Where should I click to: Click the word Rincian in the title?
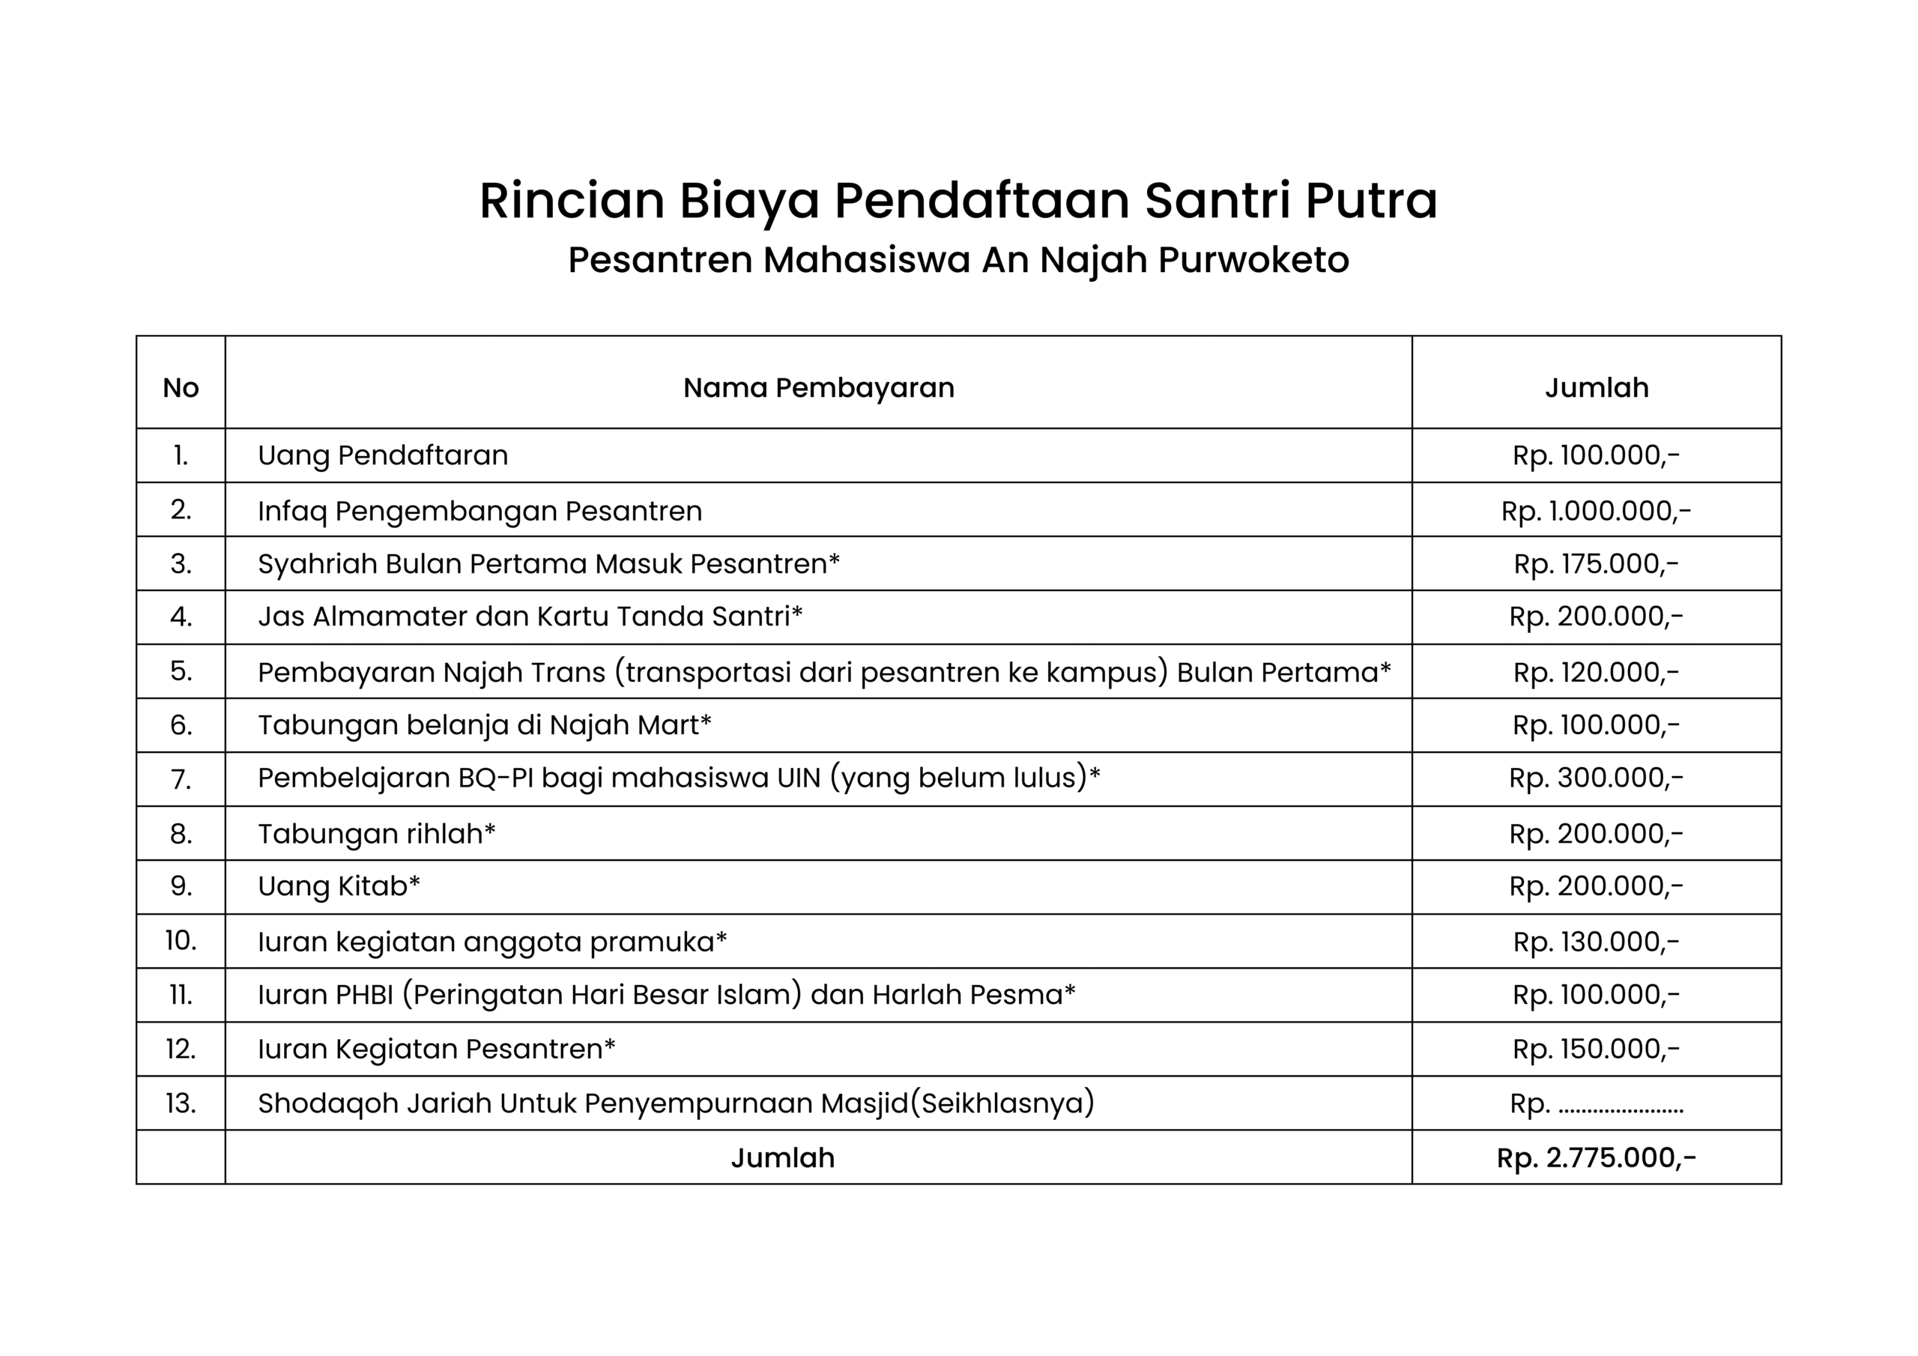point(572,202)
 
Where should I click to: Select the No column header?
point(181,387)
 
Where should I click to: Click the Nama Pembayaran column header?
point(818,387)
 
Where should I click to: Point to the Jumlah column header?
point(1596,387)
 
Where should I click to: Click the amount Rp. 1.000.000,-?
point(1596,510)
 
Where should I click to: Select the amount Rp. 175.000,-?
point(1596,564)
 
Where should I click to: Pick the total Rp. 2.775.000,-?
point(1596,1157)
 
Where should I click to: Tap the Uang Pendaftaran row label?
point(383,455)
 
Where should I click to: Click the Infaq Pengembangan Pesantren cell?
point(479,510)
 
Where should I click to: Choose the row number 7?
point(181,778)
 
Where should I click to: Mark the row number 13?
point(181,1103)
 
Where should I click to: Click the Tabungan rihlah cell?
point(376,833)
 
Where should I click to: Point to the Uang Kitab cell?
point(339,886)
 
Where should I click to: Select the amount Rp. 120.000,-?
point(1596,672)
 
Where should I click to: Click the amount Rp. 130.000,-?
point(1596,942)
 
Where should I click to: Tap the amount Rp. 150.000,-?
point(1596,1049)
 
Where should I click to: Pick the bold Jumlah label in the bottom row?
point(782,1157)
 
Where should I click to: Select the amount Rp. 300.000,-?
point(1596,778)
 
